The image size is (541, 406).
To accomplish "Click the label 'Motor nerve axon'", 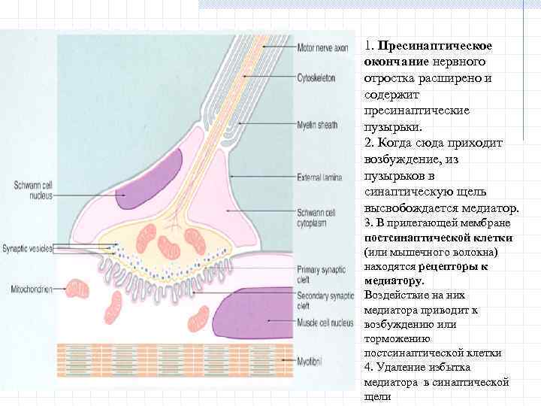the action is pos(323,47).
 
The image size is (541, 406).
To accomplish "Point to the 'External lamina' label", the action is pos(319,177).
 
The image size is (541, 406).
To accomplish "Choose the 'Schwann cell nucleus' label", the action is pos(29,190).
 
